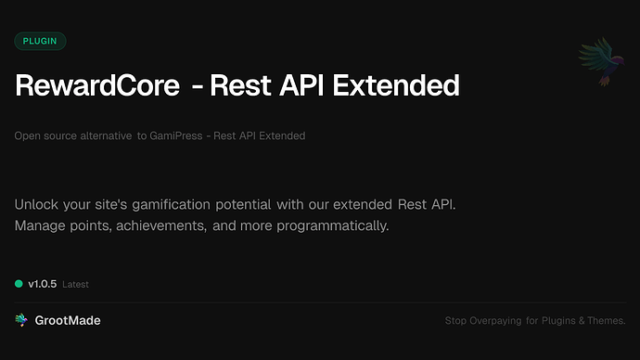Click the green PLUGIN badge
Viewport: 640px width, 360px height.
tap(40, 41)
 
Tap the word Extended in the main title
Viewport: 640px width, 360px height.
tap(402, 86)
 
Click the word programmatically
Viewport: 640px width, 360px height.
tap(319, 225)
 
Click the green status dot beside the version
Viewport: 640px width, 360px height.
tap(19, 283)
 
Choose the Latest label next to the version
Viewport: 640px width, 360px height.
tap(75, 284)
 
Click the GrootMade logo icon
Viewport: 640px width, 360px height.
tap(21, 320)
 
